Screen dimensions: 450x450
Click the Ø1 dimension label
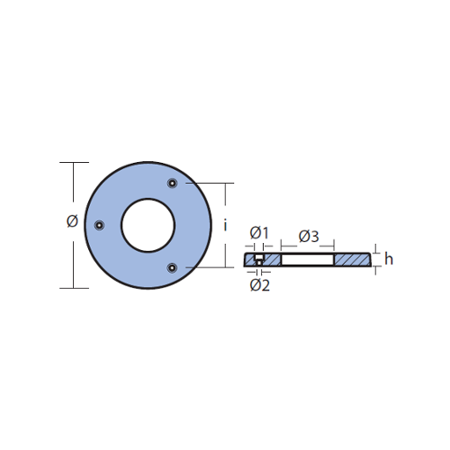(259, 233)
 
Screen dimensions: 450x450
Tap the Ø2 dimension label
(260, 285)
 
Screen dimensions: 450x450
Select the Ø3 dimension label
(309, 237)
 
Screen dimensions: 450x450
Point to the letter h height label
(389, 259)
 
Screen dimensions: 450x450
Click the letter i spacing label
(225, 225)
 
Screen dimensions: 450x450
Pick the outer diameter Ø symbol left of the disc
(72, 221)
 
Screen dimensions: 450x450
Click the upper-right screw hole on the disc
(172, 183)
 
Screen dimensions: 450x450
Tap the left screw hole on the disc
(99, 225)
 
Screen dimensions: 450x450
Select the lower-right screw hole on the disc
(172, 267)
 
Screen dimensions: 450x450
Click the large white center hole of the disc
(148, 225)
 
